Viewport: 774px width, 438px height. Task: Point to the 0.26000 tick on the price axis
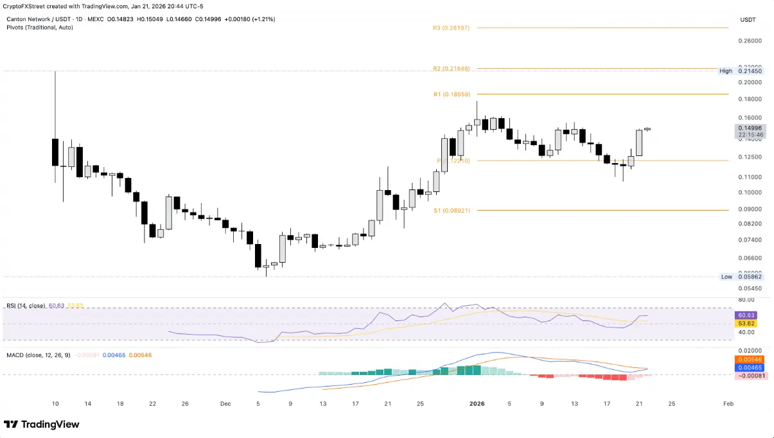pos(750,40)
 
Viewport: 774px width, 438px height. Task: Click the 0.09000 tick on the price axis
pos(750,209)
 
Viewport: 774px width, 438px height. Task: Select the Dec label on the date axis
pos(225,404)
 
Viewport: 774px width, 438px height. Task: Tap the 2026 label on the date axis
pos(477,404)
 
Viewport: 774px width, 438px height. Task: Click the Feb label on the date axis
pos(728,404)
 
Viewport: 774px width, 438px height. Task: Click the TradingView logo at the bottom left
pos(42,425)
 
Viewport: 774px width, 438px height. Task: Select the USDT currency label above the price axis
pos(748,20)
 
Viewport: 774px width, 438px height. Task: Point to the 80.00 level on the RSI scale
pos(746,299)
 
